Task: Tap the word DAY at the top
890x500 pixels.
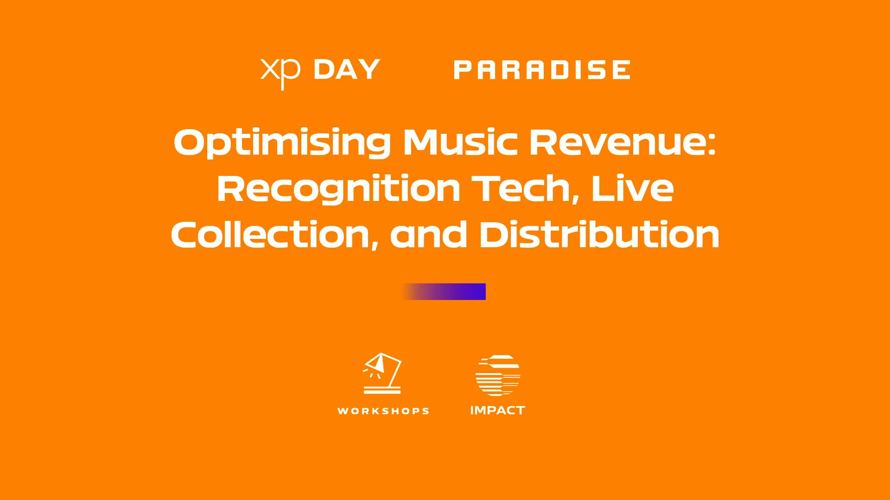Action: pyautogui.click(x=347, y=69)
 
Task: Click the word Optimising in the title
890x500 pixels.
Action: pyautogui.click(x=282, y=143)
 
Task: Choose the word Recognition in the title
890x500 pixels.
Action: pyautogui.click(x=339, y=189)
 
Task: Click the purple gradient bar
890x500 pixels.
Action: pyautogui.click(x=444, y=292)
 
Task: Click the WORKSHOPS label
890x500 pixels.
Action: pyautogui.click(x=383, y=411)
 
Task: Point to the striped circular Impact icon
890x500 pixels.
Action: pyautogui.click(x=498, y=375)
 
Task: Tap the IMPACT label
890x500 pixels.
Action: pyautogui.click(x=498, y=410)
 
